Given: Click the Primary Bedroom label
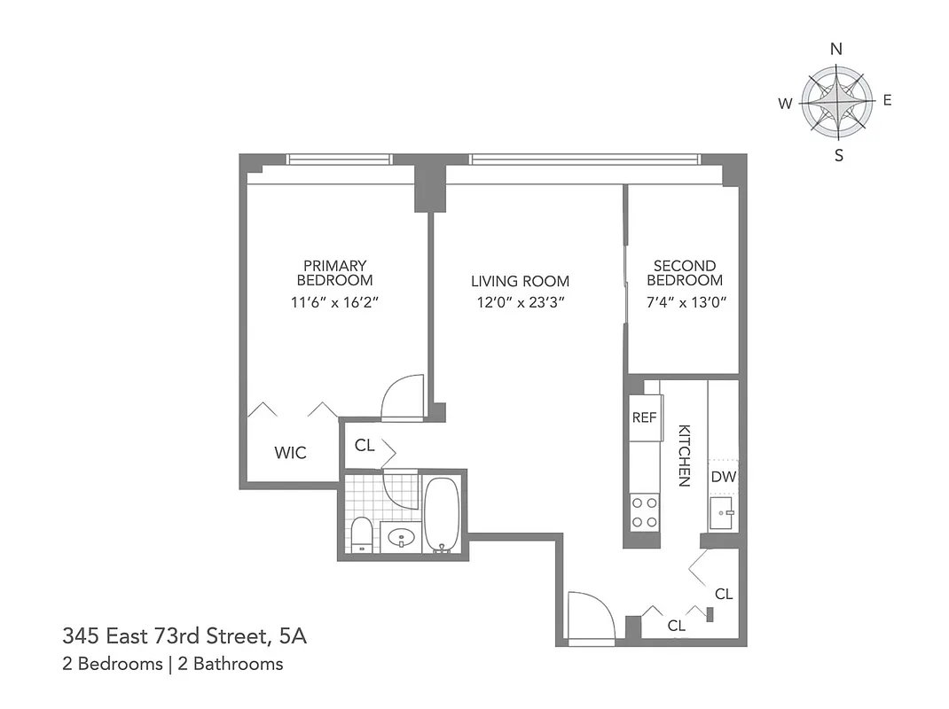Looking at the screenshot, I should tap(334, 273).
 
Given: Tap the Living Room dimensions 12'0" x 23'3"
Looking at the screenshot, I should tap(520, 302).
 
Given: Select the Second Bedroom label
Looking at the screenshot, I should tap(684, 273).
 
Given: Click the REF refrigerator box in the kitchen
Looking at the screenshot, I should tap(644, 417).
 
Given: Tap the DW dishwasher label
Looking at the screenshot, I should tap(723, 477).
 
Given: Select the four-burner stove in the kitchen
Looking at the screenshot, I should tap(644, 512).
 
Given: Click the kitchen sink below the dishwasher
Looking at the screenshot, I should tap(723, 514).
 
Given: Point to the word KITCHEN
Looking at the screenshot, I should tap(684, 455).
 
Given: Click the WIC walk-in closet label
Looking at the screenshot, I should tap(290, 453).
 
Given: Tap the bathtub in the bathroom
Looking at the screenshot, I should tap(441, 515).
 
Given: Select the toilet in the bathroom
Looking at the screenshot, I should tap(361, 534).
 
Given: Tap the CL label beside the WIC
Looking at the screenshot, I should tap(365, 446).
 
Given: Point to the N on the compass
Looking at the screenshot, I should tap(835, 50).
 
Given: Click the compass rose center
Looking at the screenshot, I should tap(835, 102).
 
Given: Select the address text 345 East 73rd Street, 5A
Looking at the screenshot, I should tap(185, 635).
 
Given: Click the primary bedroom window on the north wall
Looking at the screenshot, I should tap(340, 160).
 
